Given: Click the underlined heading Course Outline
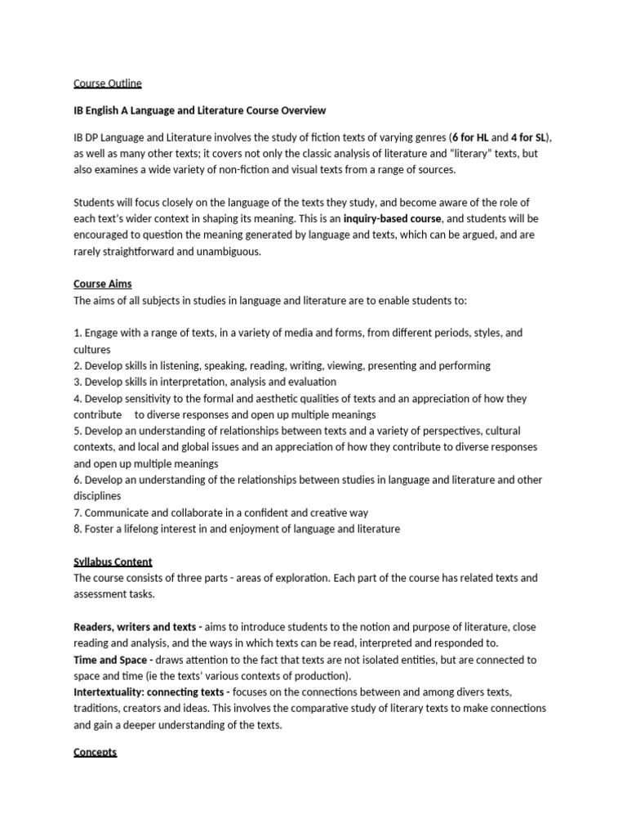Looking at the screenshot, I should (x=108, y=83).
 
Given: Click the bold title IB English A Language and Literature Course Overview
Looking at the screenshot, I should (x=200, y=110).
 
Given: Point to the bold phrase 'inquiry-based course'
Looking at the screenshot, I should (x=392, y=219).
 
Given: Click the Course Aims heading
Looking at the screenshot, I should (x=102, y=284).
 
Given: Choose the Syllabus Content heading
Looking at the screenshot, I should (x=113, y=562).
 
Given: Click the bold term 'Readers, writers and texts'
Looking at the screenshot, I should (x=133, y=627).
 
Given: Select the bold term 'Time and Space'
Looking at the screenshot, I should (x=110, y=660).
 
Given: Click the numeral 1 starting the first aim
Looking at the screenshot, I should (x=77, y=333).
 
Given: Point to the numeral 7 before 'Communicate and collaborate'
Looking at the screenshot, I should (x=77, y=512).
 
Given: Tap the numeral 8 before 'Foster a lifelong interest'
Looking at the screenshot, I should (x=77, y=529).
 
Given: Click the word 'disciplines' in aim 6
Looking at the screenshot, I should (x=97, y=496).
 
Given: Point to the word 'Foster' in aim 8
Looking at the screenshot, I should (x=100, y=529).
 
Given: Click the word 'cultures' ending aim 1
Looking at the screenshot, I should (x=92, y=350).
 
